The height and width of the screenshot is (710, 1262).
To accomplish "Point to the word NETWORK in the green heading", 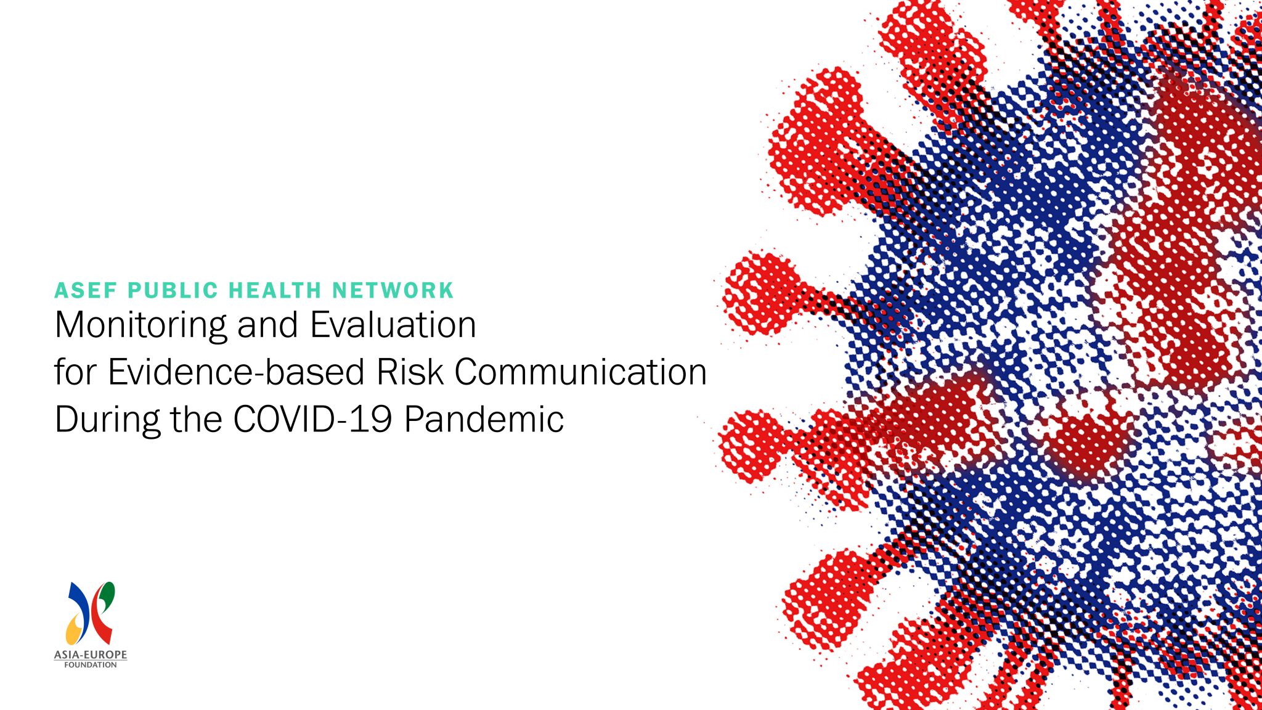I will tap(393, 290).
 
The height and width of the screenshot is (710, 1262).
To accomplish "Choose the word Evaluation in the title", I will tap(393, 325).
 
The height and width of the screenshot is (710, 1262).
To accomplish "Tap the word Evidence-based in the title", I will tap(236, 372).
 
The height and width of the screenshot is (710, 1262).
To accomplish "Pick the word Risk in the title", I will tap(410, 372).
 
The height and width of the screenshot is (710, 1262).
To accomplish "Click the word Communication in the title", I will tap(580, 372).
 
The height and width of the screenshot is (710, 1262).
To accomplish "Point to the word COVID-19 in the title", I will tap(312, 419).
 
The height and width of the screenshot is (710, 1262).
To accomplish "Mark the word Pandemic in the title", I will tap(484, 419).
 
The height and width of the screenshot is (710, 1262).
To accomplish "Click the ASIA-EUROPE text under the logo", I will tap(91, 655).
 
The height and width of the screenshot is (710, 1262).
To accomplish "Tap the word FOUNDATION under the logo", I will tap(91, 665).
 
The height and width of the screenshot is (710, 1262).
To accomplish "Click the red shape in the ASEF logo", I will tap(102, 626).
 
